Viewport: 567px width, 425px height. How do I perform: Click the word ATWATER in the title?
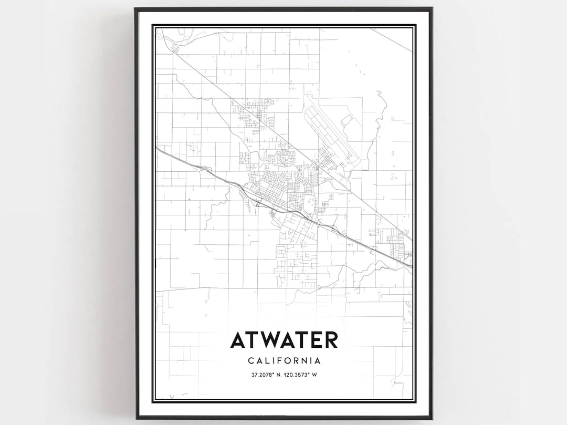click(x=283, y=340)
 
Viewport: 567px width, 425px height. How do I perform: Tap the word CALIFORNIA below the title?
click(x=283, y=361)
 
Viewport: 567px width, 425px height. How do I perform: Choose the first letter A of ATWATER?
click(x=238, y=340)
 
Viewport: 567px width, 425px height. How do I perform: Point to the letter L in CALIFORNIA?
click(x=266, y=361)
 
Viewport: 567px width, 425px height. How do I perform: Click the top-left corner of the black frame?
click(x=135, y=9)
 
